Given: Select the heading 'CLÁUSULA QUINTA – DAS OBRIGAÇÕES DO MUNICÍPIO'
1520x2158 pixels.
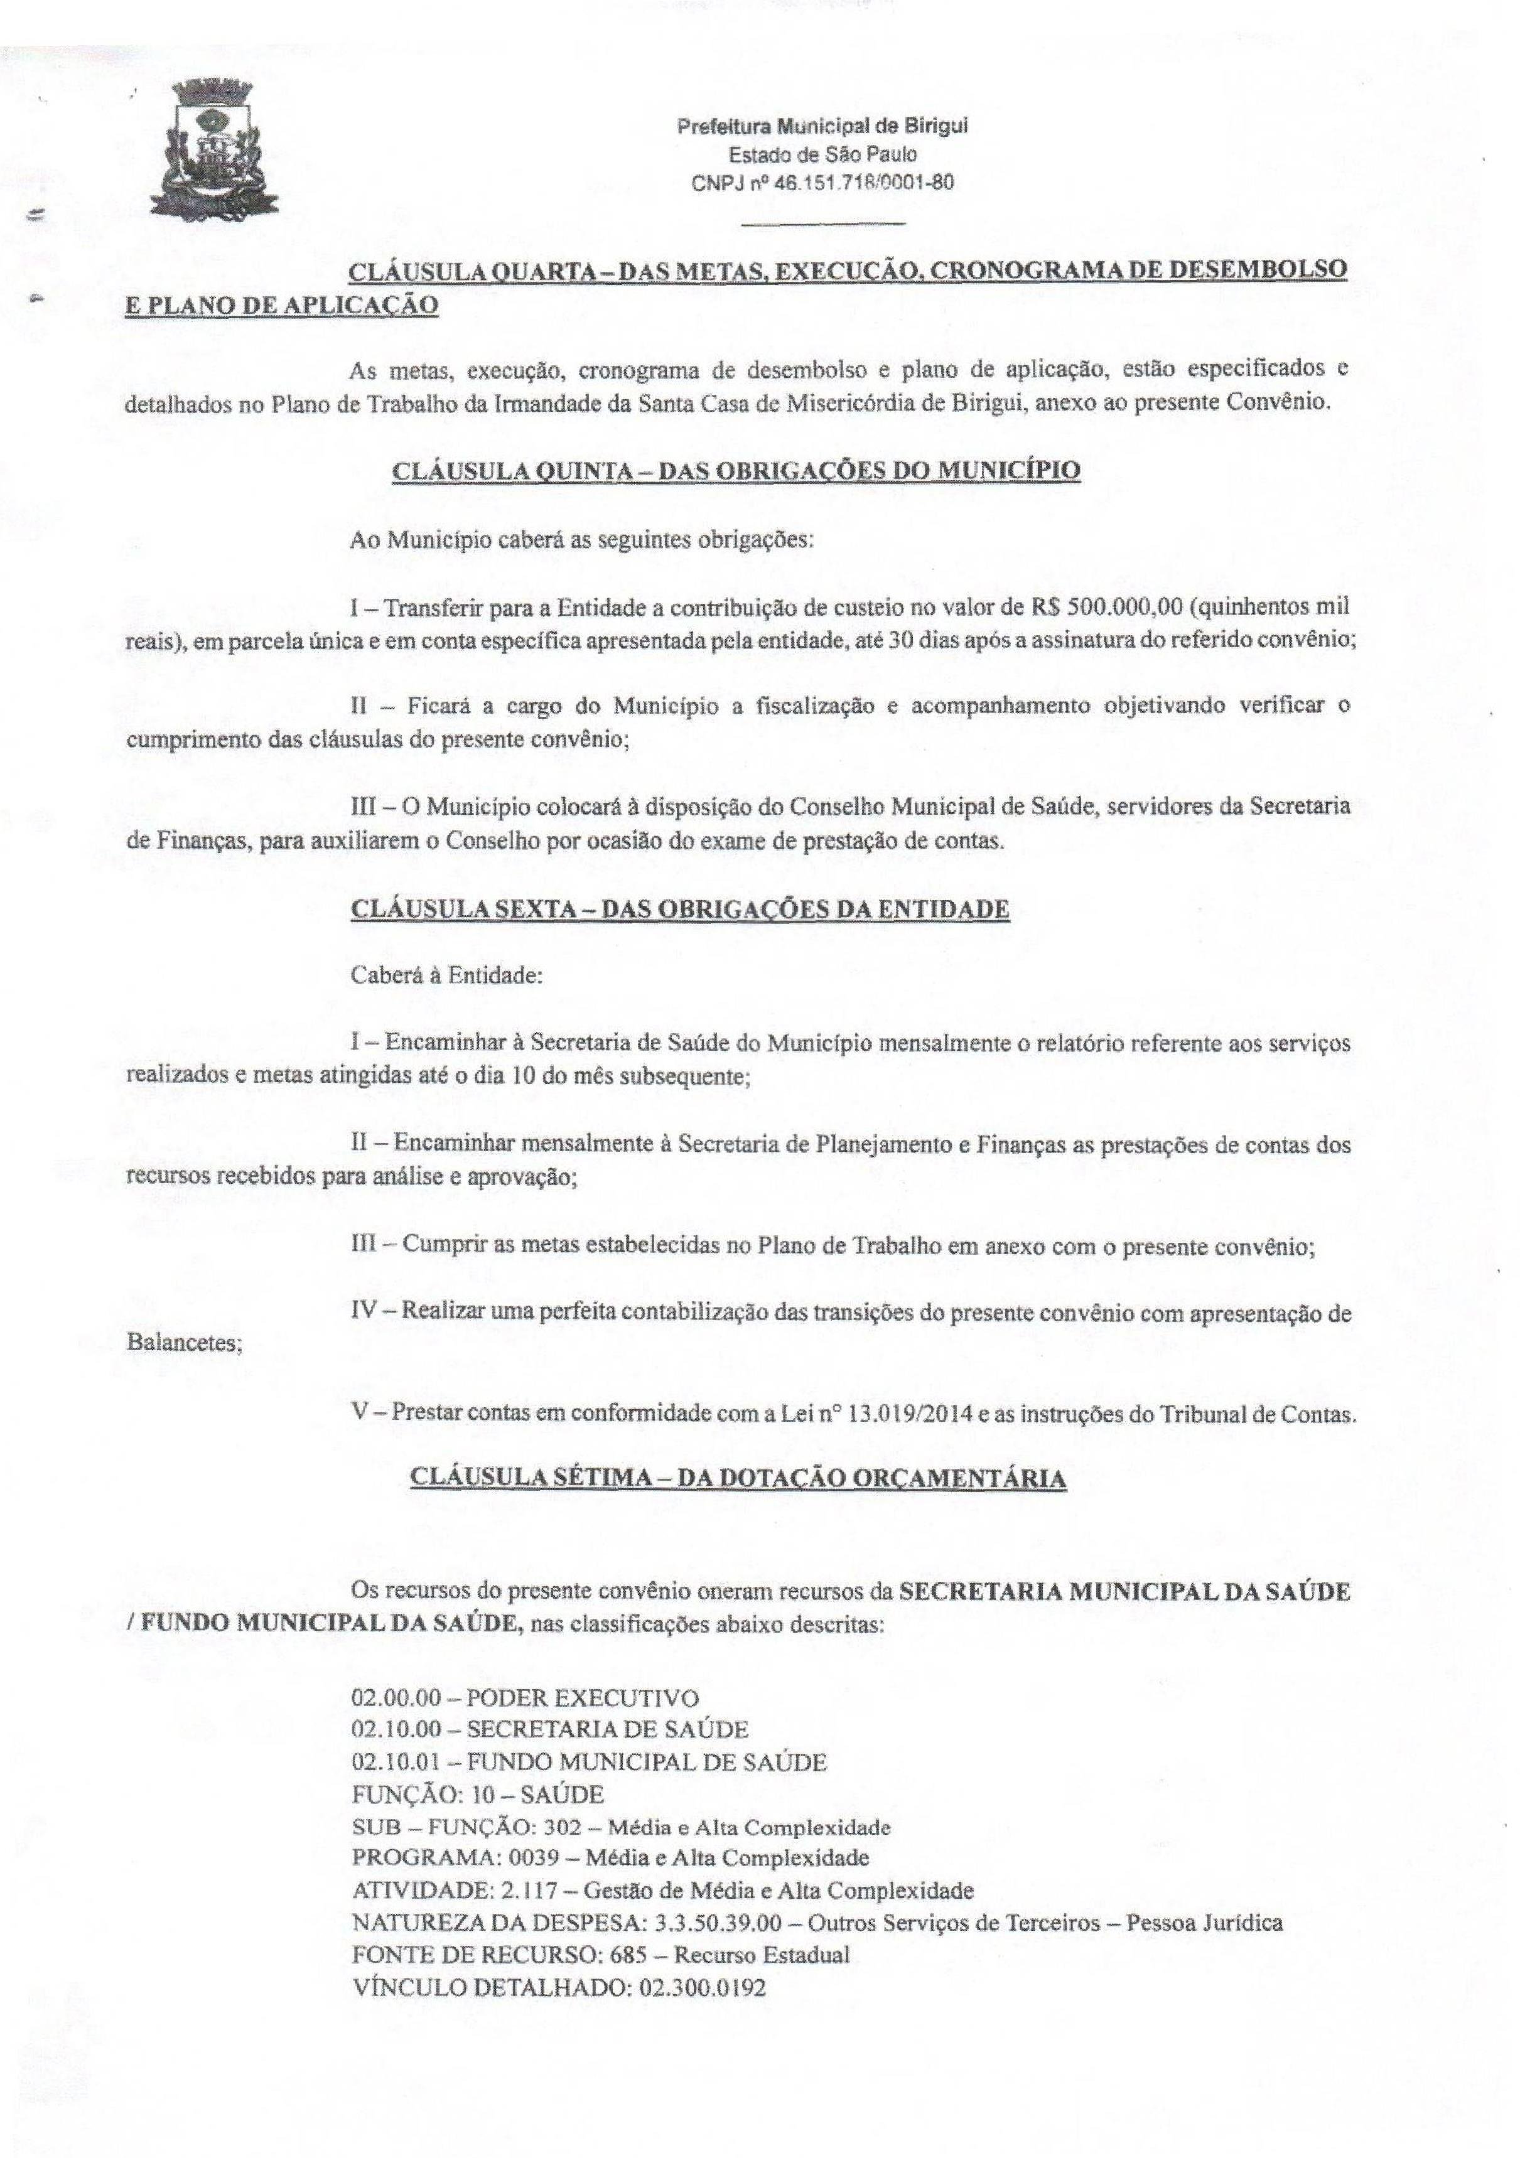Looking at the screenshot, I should [x=735, y=470].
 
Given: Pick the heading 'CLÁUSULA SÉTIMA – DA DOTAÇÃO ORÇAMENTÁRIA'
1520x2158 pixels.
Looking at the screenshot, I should [x=738, y=1478].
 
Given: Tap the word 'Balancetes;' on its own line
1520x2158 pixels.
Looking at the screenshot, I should [x=184, y=1343].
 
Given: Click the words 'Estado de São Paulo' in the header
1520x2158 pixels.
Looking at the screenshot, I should [x=822, y=154].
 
